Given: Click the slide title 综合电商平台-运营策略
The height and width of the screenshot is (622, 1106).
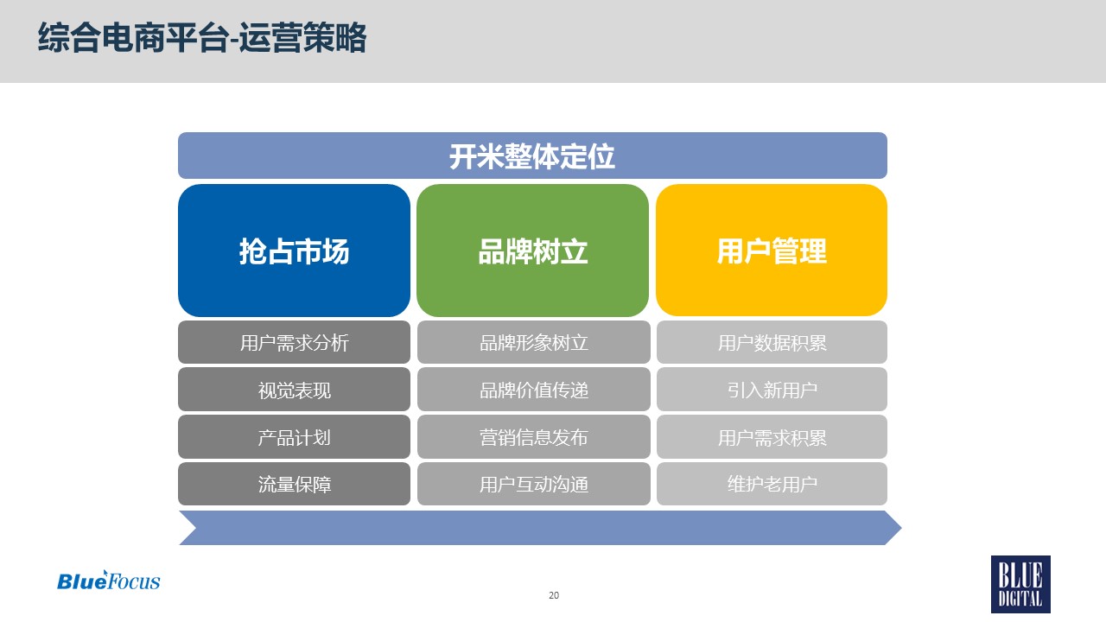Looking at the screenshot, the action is [202, 37].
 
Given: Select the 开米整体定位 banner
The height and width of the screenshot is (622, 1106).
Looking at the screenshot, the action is [532, 155].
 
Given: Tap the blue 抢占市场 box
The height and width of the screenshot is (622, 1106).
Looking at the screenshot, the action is [294, 251].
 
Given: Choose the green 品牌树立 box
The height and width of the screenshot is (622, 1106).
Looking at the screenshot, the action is [533, 251].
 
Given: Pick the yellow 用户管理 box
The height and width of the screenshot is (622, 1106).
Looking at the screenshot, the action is [772, 251].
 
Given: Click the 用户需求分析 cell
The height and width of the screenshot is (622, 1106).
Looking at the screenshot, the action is [294, 342].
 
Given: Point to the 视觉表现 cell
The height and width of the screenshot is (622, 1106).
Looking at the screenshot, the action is [294, 390].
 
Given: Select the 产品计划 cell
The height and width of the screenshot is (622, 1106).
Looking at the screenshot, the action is [294, 437].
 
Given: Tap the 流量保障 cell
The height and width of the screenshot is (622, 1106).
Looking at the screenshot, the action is [294, 484].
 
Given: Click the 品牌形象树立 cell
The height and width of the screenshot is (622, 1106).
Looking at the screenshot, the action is [534, 342].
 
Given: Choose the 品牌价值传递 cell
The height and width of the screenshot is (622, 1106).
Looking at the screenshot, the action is [534, 390].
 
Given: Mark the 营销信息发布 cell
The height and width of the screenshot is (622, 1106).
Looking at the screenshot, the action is [534, 437].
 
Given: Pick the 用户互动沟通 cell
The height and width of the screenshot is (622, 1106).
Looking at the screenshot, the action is [534, 484].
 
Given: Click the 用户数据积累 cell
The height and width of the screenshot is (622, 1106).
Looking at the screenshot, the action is [772, 342].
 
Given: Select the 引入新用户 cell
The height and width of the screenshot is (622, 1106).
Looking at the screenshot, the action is [772, 390].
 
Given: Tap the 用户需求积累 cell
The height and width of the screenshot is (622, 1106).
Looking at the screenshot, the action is [772, 437].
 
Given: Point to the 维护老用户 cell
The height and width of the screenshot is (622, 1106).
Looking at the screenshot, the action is [772, 484].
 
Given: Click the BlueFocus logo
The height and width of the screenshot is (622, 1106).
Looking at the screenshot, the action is [109, 581].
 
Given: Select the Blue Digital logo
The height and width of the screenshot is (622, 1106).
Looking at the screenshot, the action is [1020, 585].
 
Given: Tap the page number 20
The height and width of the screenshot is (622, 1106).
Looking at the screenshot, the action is [554, 595].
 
